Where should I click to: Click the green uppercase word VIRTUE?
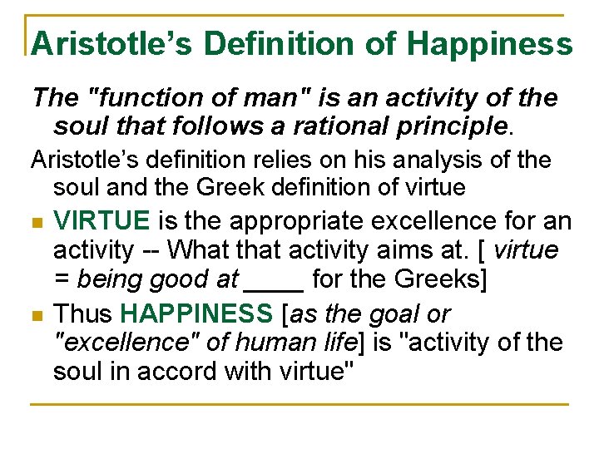(101, 221)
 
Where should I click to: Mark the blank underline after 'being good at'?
(275, 279)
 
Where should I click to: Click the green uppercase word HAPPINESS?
(196, 314)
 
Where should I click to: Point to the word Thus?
(83, 314)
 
